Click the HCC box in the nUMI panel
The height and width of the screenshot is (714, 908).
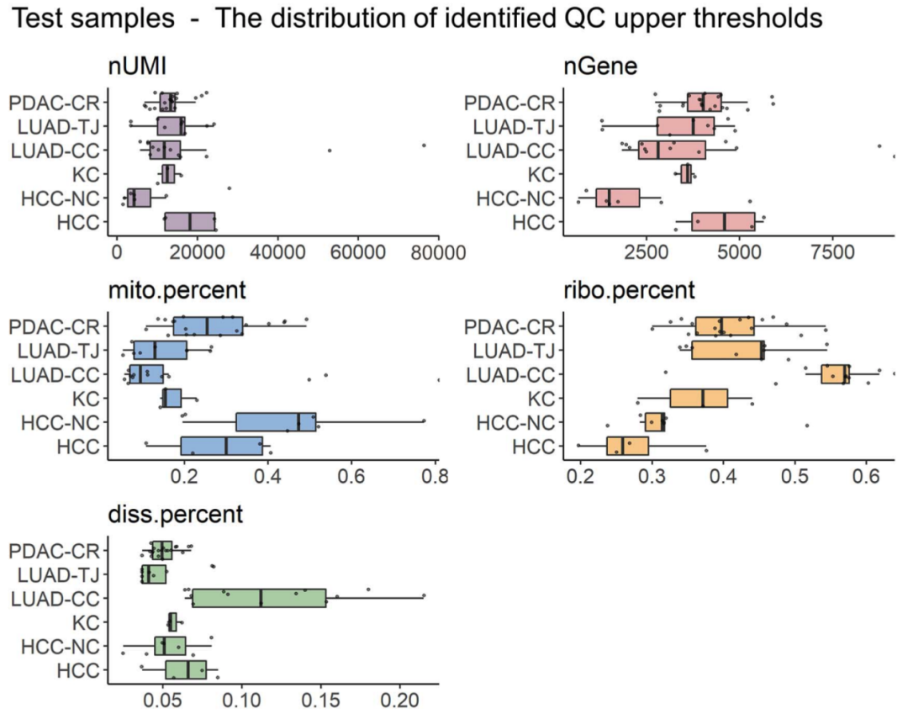pyautogui.click(x=189, y=222)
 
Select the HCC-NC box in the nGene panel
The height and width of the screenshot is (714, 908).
pyautogui.click(x=617, y=198)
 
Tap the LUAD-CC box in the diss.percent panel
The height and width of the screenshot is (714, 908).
pyautogui.click(x=259, y=598)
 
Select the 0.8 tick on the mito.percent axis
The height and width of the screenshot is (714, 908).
pyautogui.click(x=435, y=474)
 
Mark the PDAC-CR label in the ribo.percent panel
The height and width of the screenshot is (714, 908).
pyautogui.click(x=515, y=326)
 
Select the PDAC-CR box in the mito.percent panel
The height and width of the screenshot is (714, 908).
pyautogui.click(x=208, y=325)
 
